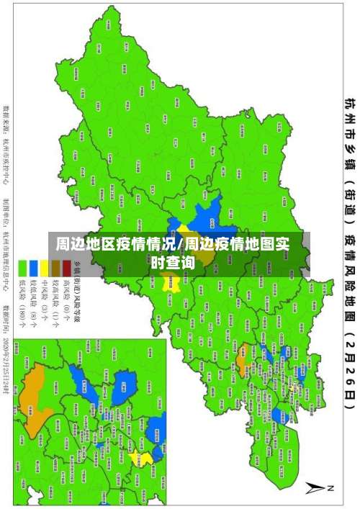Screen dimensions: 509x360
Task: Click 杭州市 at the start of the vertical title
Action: (x=348, y=115)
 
